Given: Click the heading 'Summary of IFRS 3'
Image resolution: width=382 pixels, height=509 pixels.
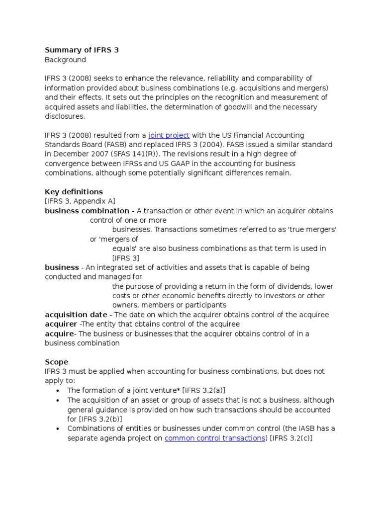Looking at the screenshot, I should click(82, 50).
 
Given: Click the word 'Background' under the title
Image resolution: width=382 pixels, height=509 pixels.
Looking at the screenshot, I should click(65, 60).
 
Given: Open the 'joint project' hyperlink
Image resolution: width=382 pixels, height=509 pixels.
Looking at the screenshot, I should click(169, 135).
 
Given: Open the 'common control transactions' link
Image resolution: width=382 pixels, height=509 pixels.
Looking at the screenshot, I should click(215, 438).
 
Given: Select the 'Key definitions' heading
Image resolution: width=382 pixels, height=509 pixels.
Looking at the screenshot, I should click(74, 192).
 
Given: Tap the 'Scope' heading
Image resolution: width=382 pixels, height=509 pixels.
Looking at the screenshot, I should click(57, 362).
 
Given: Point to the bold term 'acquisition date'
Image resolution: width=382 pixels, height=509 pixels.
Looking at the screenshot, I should click(76, 315).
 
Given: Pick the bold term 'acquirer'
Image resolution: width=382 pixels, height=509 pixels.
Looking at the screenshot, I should click(61, 324).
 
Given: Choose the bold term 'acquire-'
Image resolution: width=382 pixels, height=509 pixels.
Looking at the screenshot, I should click(60, 334).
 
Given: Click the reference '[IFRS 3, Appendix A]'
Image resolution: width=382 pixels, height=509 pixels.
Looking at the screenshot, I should click(80, 201).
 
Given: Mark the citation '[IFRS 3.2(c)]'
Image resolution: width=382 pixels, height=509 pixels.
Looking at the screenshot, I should click(291, 438).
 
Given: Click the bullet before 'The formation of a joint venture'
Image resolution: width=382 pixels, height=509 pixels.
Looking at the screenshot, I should click(59, 391).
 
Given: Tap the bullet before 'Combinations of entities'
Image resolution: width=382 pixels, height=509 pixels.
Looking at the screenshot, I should click(59, 429).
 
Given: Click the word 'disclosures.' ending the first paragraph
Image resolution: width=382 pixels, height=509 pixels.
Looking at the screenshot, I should click(65, 116).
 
